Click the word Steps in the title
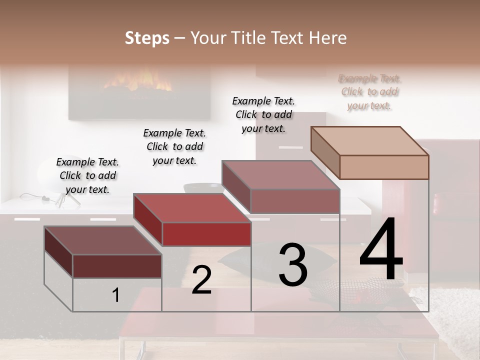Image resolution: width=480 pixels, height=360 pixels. pyautogui.click(x=146, y=38)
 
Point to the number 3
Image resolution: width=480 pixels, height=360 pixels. pyautogui.click(x=293, y=265)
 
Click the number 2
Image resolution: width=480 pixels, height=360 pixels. pyautogui.click(x=201, y=280)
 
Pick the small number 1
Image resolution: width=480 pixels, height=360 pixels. pyautogui.click(x=116, y=295)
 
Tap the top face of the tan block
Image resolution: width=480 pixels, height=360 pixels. pyautogui.click(x=369, y=140)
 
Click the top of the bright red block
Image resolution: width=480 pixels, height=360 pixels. pyautogui.click(x=192, y=207)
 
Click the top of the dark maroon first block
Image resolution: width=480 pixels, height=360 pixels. pyautogui.click(x=103, y=240)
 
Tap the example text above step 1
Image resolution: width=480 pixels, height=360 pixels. pyautogui.click(x=87, y=175)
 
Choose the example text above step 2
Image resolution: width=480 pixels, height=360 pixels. pyautogui.click(x=174, y=146)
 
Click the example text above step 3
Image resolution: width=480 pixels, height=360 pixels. pyautogui.click(x=263, y=114)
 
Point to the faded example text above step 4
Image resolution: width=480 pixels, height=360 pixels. pyautogui.click(x=369, y=92)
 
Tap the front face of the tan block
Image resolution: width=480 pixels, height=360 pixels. pyautogui.click(x=384, y=167)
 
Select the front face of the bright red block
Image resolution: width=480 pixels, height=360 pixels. pyautogui.click(x=206, y=234)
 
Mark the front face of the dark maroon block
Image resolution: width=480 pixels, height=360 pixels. pyautogui.click(x=117, y=266)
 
